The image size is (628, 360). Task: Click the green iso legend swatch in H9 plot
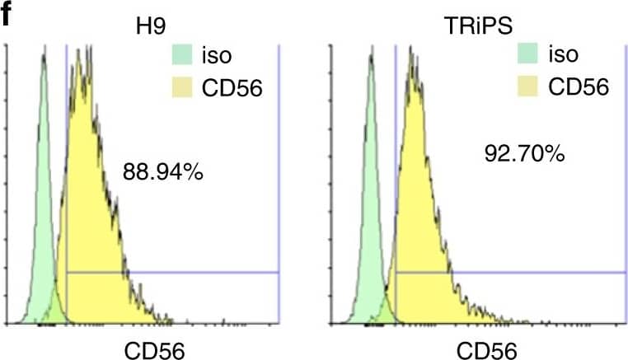(x=181, y=56)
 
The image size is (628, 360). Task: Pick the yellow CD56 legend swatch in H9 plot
(x=181, y=86)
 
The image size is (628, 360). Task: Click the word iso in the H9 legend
(x=218, y=56)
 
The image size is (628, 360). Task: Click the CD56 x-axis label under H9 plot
(x=154, y=349)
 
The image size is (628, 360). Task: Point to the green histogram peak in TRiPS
(x=371, y=58)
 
